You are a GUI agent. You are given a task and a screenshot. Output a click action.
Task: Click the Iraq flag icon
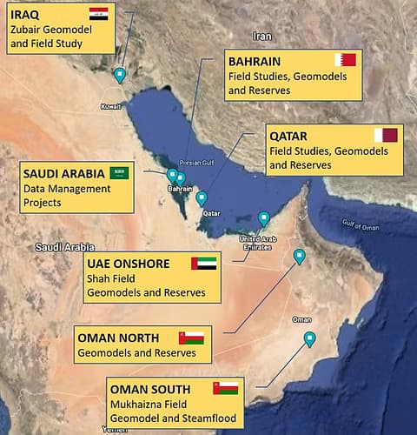pyautogui.click(x=98, y=15)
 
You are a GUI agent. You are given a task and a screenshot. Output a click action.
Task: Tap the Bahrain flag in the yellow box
pyautogui.click(x=345, y=60)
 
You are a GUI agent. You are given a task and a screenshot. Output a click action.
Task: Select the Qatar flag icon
pyautogui.click(x=385, y=135)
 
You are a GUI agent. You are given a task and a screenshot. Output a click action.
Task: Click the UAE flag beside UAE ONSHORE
pyautogui.click(x=204, y=262)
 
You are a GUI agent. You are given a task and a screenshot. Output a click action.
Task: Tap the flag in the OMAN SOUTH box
pyautogui.click(x=225, y=386)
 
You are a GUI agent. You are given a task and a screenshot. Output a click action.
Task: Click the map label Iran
pyautogui.click(x=261, y=36)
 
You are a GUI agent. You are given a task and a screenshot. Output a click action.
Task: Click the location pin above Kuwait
pyautogui.click(x=120, y=76)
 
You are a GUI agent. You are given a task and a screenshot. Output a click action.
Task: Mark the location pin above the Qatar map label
pyautogui.click(x=202, y=198)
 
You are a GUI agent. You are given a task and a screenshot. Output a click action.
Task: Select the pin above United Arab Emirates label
pyautogui.click(x=264, y=218)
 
